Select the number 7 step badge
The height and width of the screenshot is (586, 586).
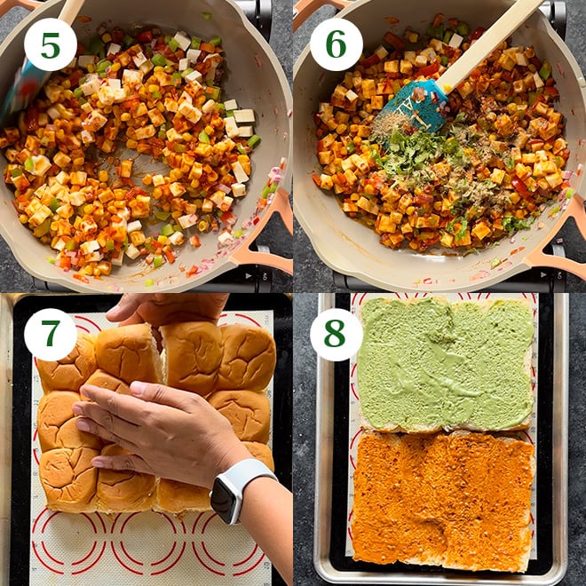(50, 334)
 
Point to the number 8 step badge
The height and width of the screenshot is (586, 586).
(336, 334)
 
